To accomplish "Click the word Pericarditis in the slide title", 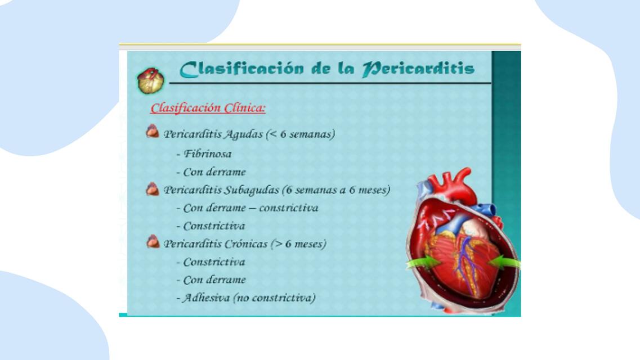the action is (418, 69).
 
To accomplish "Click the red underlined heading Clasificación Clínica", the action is (208, 108).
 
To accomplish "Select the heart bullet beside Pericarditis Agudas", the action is (153, 131).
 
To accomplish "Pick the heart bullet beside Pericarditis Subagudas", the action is (153, 189).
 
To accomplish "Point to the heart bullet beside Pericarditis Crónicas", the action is (153, 241).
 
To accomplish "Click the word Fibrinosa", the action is (208, 154).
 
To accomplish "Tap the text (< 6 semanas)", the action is (301, 134).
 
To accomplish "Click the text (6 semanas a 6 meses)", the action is (336, 190).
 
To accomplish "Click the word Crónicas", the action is (246, 244).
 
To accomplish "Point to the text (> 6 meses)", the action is (298, 244).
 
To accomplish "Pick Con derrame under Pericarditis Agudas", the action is (214, 172).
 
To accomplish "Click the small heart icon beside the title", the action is (151, 80).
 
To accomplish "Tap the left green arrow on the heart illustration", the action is (423, 263).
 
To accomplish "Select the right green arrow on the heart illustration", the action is (504, 262).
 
